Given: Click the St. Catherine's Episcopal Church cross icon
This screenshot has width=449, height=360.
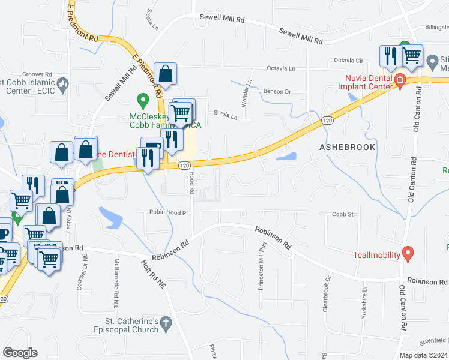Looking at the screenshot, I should click(x=167, y=324).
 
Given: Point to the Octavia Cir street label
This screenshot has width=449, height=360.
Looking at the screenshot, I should click(x=349, y=61).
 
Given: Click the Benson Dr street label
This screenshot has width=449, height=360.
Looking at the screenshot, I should click(x=277, y=92).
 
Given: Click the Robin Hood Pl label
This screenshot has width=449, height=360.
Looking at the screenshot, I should click(x=169, y=212).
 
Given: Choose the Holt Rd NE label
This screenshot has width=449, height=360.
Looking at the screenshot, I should click(x=154, y=274).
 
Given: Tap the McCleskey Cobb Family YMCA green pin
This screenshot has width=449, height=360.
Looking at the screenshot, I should click(x=142, y=98).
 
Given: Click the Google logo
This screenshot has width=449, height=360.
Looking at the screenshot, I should click(x=20, y=353).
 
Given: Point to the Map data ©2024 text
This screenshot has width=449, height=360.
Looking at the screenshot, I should click(x=424, y=355).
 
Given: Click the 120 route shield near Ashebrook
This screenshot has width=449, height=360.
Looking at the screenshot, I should click(x=327, y=121).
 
